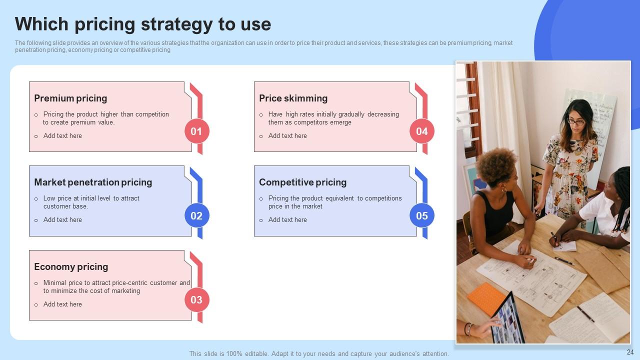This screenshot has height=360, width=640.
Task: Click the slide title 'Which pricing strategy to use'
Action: (x=143, y=24)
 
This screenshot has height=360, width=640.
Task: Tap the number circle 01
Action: (x=196, y=131)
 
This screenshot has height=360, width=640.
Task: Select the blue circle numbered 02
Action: (x=196, y=215)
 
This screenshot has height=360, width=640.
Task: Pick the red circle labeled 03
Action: (x=196, y=300)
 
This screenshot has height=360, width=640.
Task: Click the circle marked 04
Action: (x=422, y=131)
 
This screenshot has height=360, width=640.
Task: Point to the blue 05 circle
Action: (x=422, y=215)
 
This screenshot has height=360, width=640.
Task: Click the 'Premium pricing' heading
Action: (x=70, y=98)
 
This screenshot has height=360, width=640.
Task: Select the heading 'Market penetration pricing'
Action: (x=93, y=182)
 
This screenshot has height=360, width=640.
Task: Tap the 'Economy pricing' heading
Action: (x=71, y=267)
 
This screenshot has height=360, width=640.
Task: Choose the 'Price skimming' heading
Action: (x=293, y=98)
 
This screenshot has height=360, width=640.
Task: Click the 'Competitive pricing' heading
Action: (x=302, y=182)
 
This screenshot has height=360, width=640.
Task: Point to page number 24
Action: (x=630, y=352)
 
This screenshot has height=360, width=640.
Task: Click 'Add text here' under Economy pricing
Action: (x=62, y=304)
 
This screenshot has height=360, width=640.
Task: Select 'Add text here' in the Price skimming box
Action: (x=287, y=135)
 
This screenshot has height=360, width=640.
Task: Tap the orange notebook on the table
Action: (x=486, y=298)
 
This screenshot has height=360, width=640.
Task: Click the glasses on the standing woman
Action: (x=576, y=121)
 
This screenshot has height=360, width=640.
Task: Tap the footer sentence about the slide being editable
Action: (x=319, y=353)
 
